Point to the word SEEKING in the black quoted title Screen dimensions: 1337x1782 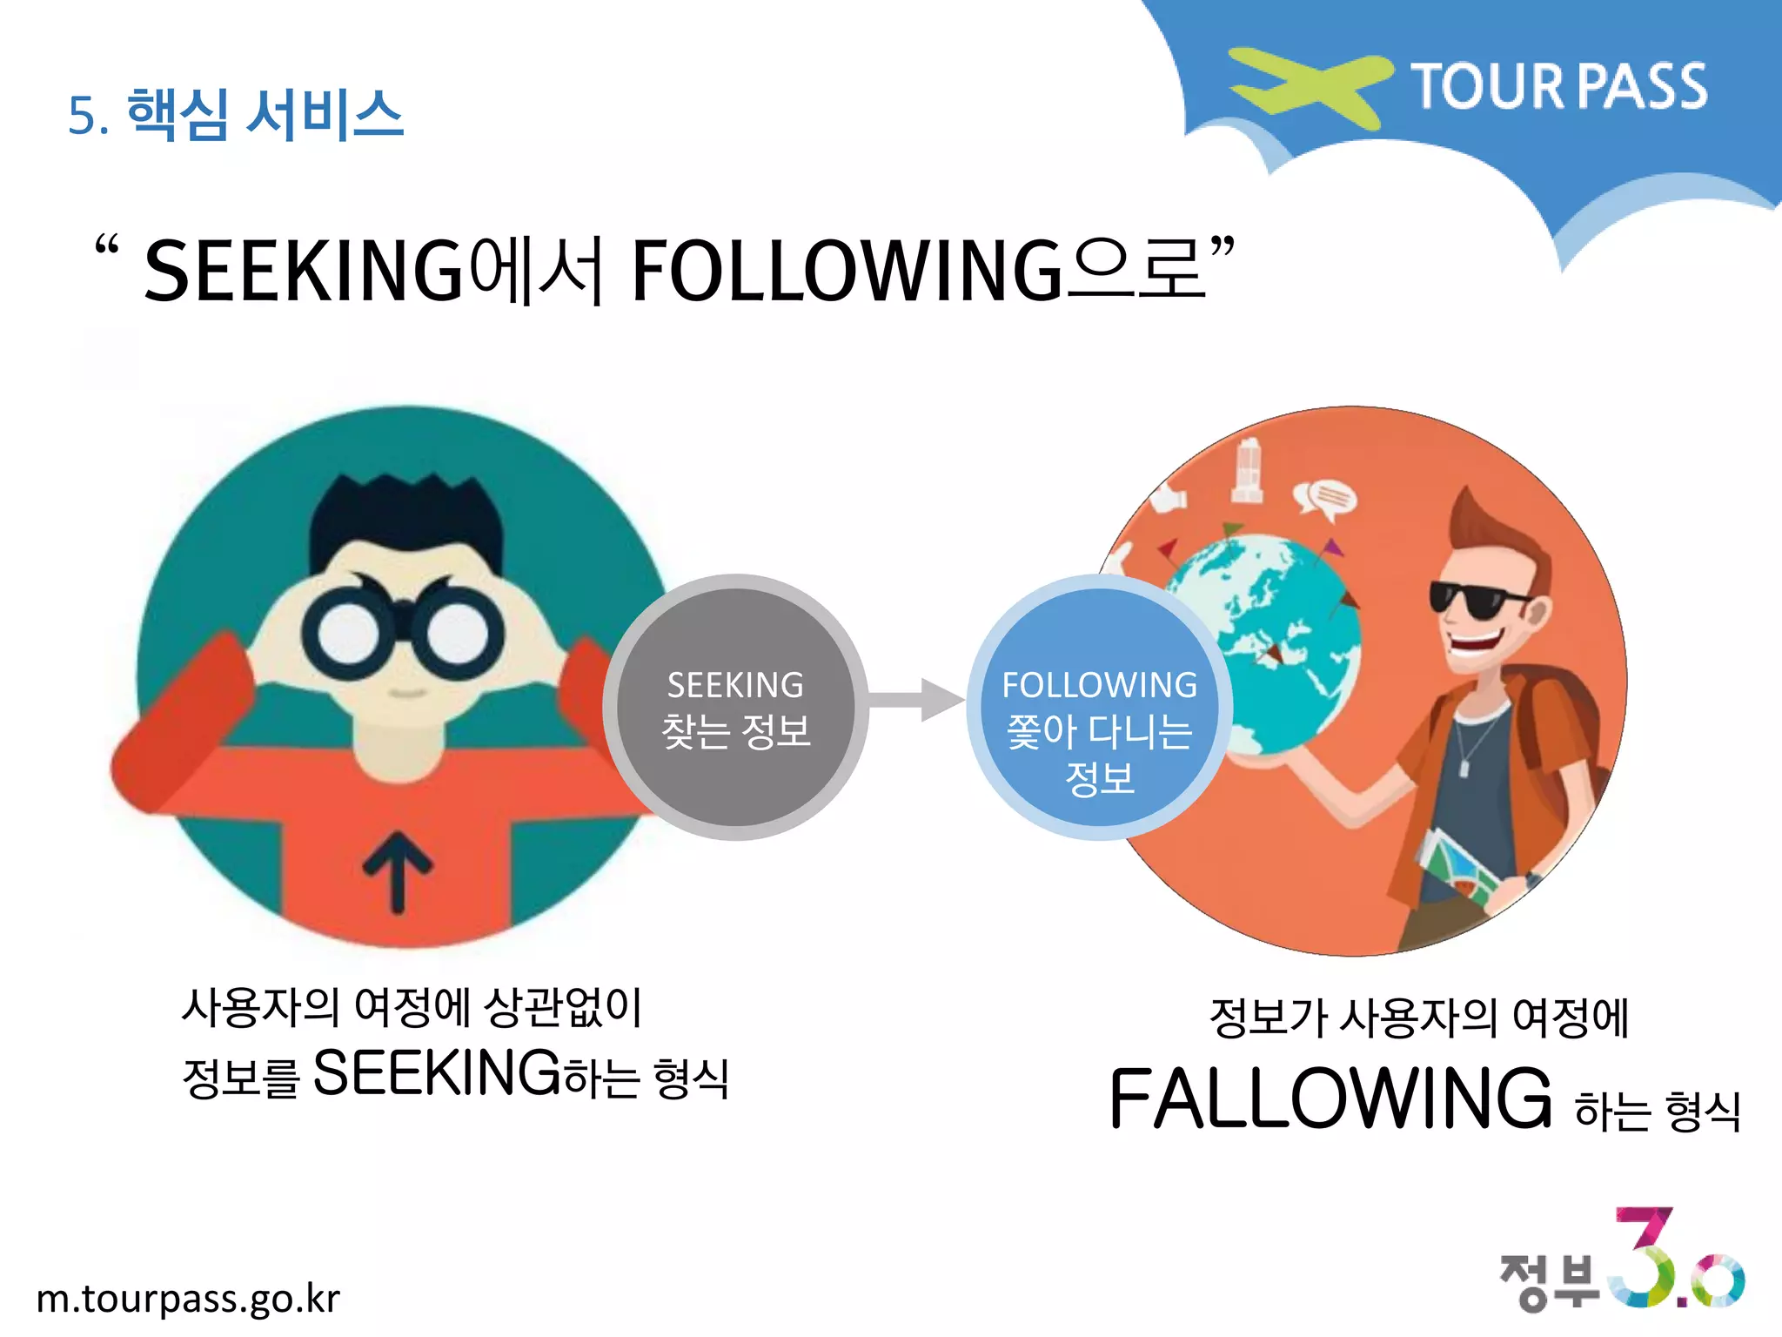(304, 272)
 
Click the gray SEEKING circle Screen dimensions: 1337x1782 (735, 707)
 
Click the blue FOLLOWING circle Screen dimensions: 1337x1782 (1098, 707)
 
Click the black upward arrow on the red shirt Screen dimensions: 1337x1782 (398, 870)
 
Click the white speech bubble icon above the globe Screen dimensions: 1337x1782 (1324, 500)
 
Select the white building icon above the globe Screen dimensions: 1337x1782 (1247, 470)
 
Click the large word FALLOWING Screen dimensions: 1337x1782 (1330, 1098)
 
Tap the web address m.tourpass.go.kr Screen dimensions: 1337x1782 (188, 1299)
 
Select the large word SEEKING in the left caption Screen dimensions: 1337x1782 (436, 1072)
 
